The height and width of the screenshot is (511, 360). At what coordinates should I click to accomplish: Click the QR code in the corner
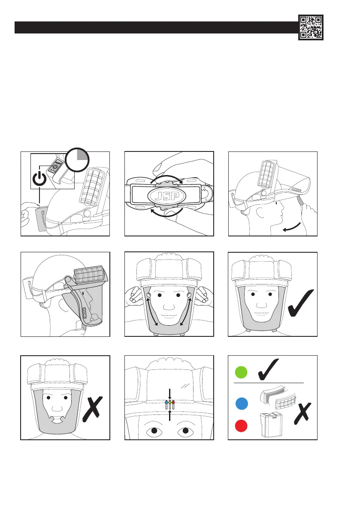311,27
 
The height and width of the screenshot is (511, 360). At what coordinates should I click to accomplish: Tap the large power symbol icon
39,178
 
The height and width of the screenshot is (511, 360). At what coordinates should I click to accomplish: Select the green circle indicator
242,373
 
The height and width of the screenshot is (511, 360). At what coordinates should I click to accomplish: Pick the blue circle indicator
242,404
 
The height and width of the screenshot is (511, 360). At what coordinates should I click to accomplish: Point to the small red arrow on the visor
173,403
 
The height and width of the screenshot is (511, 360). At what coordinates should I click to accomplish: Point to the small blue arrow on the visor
166,403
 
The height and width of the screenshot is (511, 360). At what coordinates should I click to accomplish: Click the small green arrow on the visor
169,403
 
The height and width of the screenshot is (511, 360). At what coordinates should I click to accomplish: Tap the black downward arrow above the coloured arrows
170,393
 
